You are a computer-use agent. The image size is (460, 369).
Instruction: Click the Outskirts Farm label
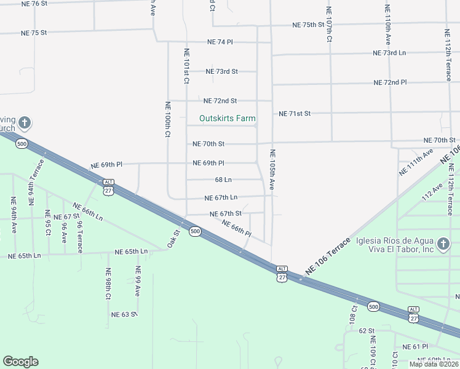click(227, 118)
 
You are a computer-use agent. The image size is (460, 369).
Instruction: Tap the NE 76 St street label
click(34, 4)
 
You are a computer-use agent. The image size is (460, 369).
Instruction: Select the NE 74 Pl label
click(221, 42)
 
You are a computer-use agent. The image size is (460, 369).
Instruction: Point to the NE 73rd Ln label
click(390, 53)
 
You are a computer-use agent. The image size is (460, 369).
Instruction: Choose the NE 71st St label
click(295, 114)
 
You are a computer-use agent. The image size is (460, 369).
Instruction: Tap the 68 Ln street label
click(223, 180)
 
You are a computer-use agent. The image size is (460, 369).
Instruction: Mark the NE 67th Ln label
click(221, 198)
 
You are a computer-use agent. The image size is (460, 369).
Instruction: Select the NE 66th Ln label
click(88, 212)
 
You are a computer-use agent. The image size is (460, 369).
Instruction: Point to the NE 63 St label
click(124, 314)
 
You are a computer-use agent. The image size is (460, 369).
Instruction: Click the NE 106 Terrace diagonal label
click(327, 256)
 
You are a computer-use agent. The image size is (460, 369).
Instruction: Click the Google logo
click(20, 362)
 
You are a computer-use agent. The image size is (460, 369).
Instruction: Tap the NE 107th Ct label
click(329, 24)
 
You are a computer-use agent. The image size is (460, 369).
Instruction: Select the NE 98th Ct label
click(108, 284)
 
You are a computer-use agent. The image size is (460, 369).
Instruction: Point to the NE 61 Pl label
click(414, 347)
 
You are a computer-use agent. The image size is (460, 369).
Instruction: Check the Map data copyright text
click(434, 364)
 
